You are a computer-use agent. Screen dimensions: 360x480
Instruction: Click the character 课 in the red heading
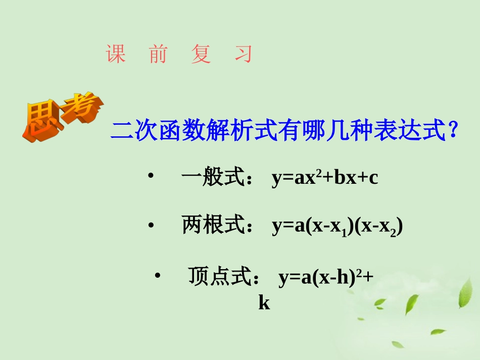[x=116, y=54]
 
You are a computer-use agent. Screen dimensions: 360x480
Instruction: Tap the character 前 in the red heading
[x=158, y=54]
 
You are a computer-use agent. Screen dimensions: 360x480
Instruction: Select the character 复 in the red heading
[x=201, y=54]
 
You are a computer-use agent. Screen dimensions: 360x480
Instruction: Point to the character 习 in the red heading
[x=243, y=54]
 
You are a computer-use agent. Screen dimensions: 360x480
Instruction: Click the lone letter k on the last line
[x=264, y=302]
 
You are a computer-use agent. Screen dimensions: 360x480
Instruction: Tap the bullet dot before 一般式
[x=150, y=176]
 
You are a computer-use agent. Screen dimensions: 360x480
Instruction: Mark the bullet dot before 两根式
[x=151, y=226]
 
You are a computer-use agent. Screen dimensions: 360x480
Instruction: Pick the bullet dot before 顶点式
[x=157, y=275]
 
